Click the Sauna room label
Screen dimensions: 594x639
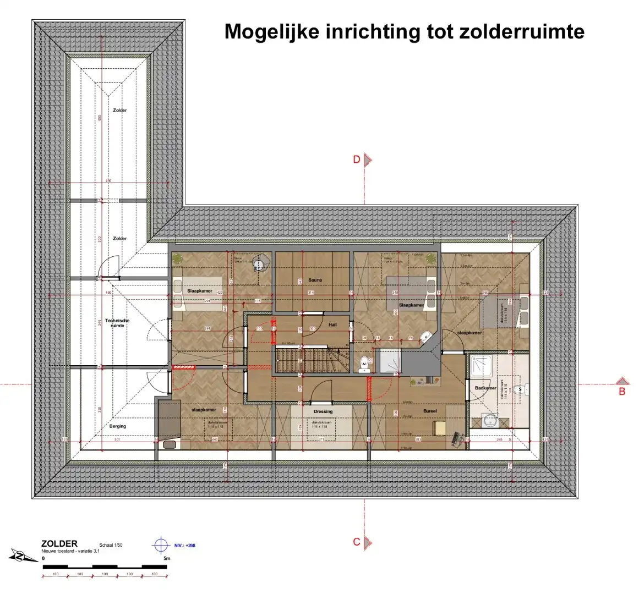(315, 280)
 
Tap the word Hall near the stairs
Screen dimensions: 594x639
(332, 324)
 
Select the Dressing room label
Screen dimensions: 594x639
(323, 411)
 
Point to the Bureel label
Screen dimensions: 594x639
(430, 411)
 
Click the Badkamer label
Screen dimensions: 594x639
(485, 388)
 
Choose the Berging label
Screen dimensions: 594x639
(118, 426)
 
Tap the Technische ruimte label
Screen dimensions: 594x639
(117, 323)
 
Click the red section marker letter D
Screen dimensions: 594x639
(357, 159)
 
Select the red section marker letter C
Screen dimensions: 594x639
(357, 542)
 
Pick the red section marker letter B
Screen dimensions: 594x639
(622, 392)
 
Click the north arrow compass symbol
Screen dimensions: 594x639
(20, 556)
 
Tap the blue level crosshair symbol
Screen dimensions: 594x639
(161, 546)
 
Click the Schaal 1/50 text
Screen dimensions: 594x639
(110, 544)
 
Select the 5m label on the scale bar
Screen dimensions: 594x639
(167, 559)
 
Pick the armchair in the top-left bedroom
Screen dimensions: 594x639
(260, 264)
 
